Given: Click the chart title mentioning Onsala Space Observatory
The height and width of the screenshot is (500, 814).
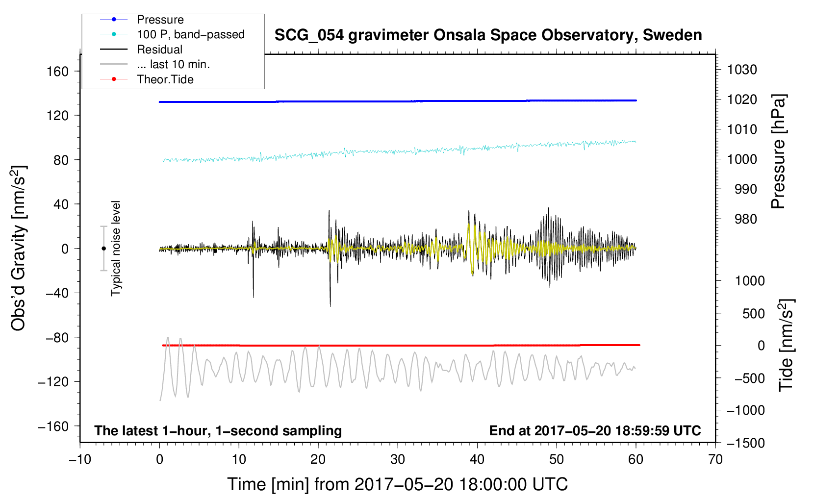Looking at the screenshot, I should point(488,35).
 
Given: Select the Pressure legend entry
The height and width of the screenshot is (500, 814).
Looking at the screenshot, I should point(160,20).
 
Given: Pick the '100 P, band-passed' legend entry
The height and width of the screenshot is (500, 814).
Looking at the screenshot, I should point(190,34).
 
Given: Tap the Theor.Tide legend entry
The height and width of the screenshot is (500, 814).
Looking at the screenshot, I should point(165,79).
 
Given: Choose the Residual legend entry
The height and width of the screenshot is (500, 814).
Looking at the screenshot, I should point(159,50).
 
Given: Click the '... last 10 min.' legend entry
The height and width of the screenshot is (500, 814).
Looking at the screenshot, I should point(173,64).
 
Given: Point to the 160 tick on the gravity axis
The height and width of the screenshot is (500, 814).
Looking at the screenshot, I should point(58,72).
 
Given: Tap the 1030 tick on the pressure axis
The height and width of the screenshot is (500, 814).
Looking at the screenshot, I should point(742,70).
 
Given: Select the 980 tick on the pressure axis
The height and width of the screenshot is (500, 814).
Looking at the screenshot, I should point(745,219).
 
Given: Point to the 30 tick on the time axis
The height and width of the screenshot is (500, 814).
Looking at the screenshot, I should point(398,459).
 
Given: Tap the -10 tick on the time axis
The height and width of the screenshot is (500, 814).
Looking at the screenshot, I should point(80,459).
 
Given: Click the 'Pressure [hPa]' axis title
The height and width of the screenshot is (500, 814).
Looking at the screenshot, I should point(778,151).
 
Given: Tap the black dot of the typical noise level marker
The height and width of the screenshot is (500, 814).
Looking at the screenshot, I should point(103,249).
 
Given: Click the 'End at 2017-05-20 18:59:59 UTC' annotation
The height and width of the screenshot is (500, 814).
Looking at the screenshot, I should point(595,430).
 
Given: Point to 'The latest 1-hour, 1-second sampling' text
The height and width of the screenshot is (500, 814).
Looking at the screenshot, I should point(218,430).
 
